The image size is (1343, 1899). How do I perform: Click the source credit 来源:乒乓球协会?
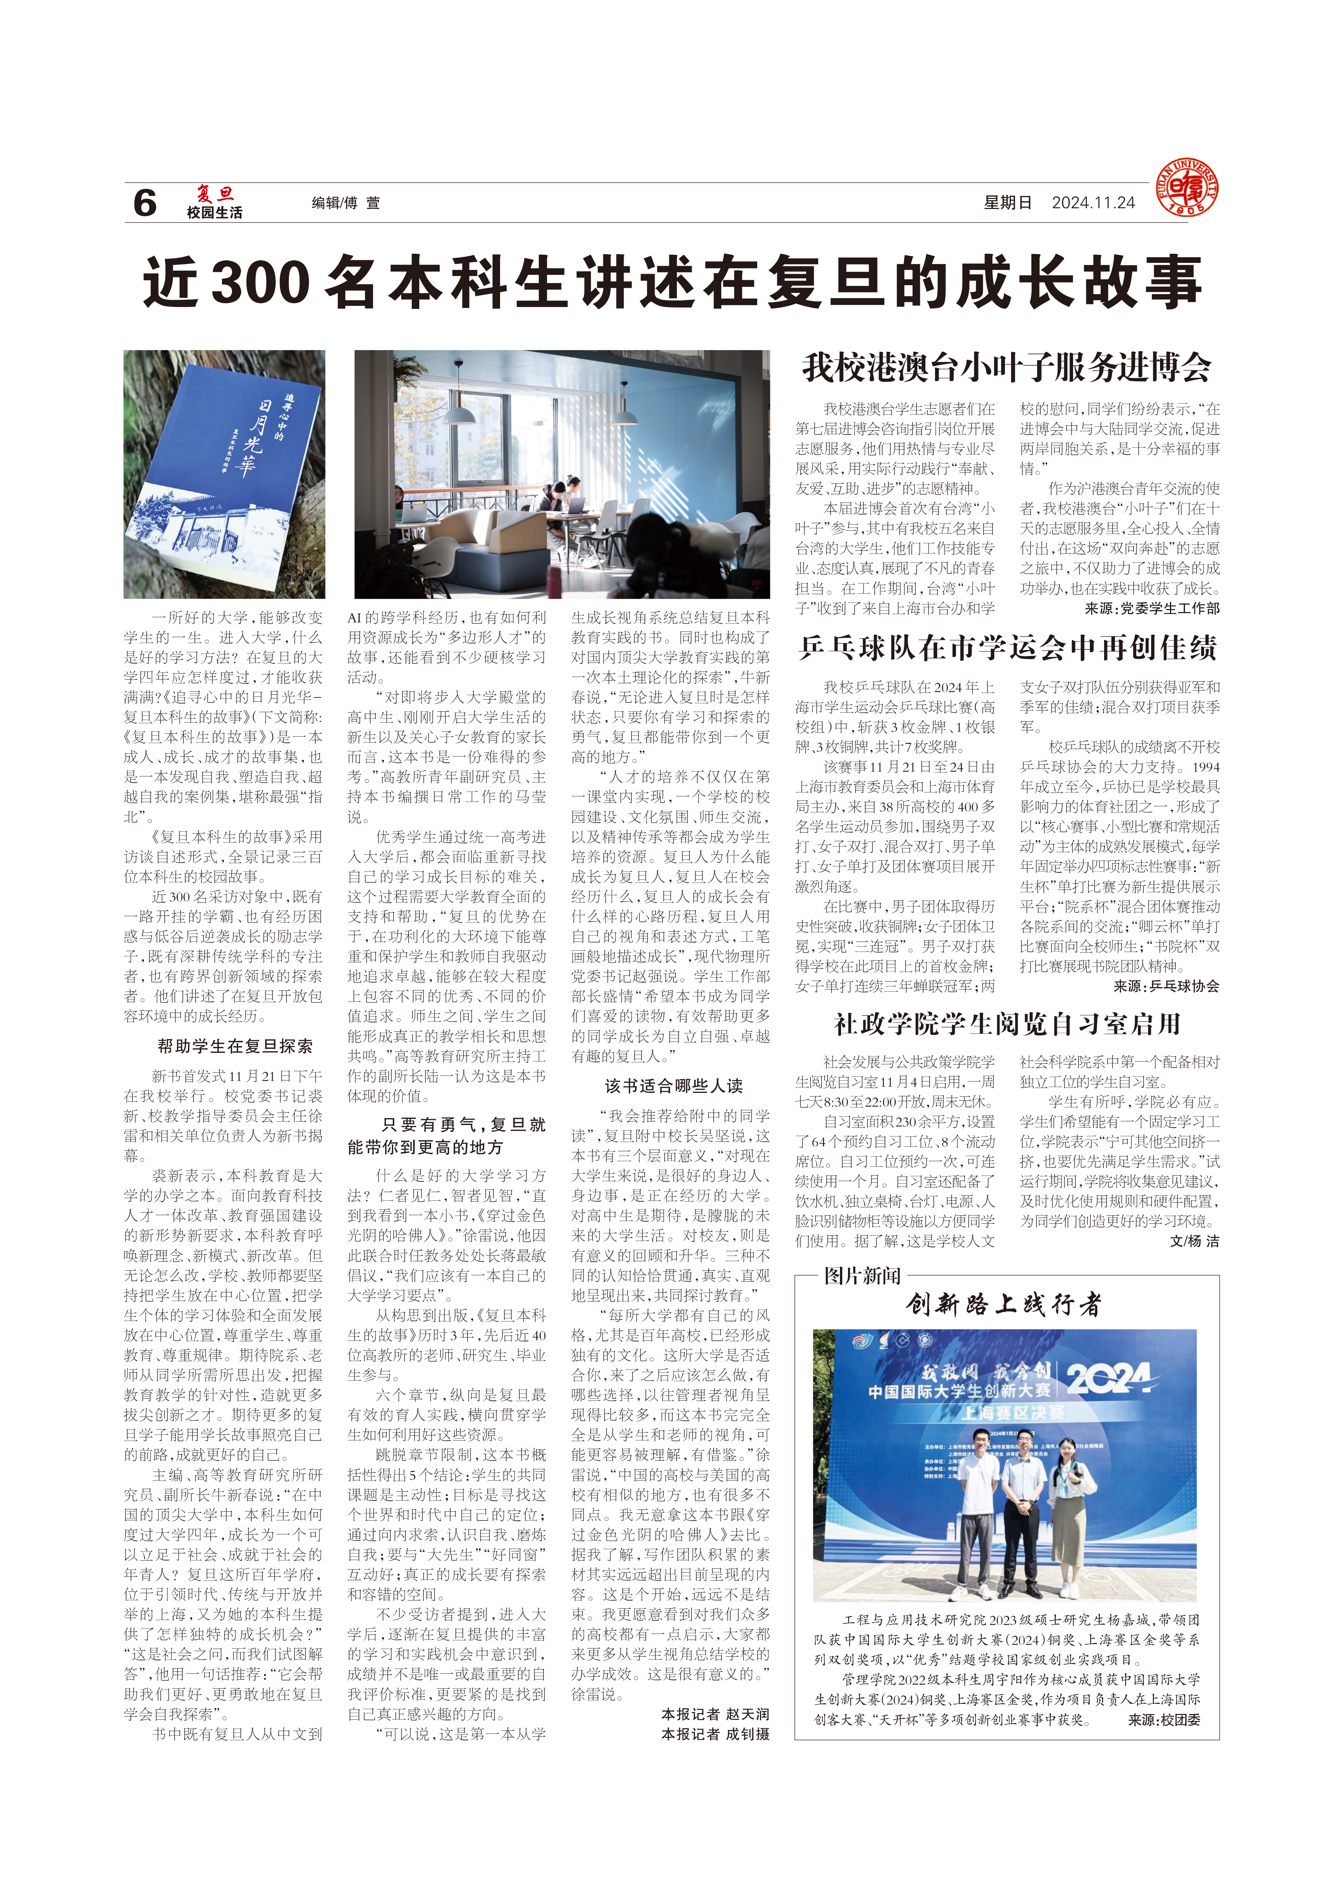tap(1166, 986)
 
